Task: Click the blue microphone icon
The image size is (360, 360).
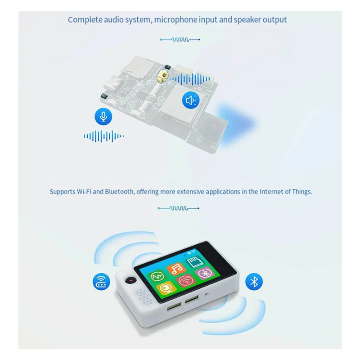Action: (x=103, y=117)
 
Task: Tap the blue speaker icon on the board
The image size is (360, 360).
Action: (x=191, y=100)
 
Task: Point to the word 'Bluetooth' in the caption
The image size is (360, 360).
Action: (x=119, y=191)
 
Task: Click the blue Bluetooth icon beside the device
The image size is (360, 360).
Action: (x=254, y=282)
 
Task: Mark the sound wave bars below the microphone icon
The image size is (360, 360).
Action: (x=103, y=135)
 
